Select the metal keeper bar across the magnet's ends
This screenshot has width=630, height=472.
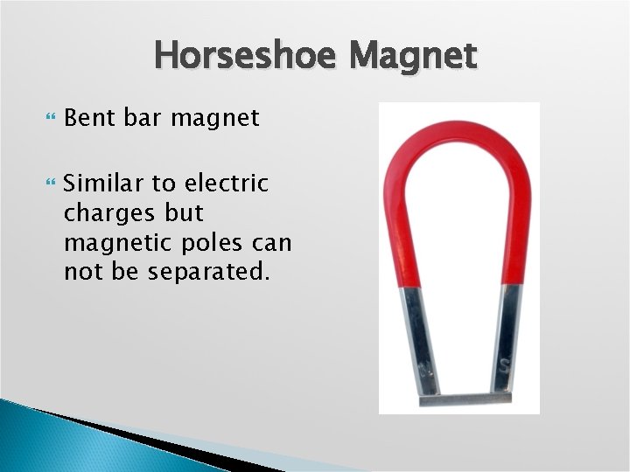coord(465,399)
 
